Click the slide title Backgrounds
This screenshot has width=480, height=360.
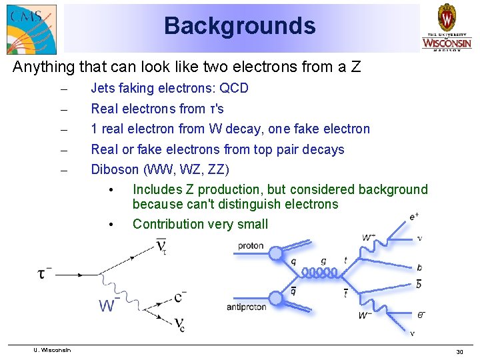[239, 26]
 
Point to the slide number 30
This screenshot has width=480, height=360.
[459, 351]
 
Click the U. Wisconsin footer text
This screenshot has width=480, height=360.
[54, 350]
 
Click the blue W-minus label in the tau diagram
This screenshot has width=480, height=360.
[108, 305]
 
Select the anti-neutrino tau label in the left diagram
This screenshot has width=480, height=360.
[162, 247]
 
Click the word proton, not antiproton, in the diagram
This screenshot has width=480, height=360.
[251, 246]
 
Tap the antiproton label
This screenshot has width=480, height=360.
[247, 307]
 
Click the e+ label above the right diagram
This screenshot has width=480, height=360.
[414, 217]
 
